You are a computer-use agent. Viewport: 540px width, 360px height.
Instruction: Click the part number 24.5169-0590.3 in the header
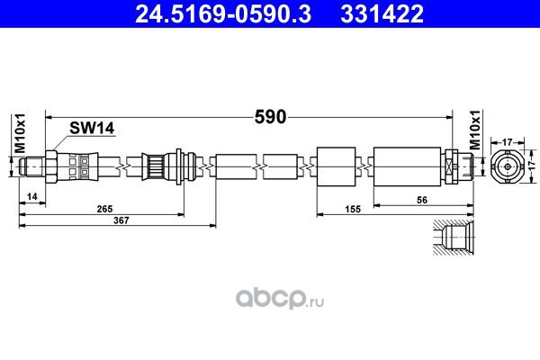223,14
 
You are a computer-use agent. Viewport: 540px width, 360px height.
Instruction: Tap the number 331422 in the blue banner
382,14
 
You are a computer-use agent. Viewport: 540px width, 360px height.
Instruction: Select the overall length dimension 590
270,117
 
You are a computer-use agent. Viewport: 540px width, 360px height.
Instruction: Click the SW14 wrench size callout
92,128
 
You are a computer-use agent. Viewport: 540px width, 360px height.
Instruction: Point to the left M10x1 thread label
21,133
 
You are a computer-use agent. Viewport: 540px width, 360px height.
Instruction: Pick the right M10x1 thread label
475,130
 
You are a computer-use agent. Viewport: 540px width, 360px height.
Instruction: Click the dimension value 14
32,197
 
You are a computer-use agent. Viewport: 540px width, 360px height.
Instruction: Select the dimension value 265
104,209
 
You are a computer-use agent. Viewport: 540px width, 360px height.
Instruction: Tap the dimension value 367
121,220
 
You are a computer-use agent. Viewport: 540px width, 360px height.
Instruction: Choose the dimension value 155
353,209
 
